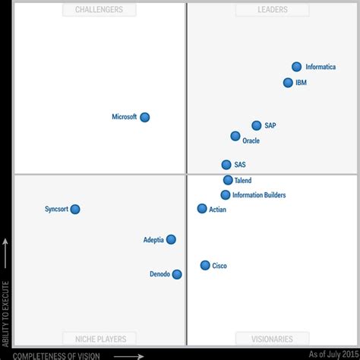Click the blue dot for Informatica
tap(297, 67)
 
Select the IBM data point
tap(288, 83)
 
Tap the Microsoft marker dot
tap(145, 117)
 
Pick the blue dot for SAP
tap(257, 125)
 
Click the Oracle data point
tap(235, 136)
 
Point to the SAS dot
tap(226, 164)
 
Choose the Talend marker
tap(228, 180)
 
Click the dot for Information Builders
tap(226, 195)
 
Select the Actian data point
tap(202, 208)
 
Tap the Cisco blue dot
tap(205, 265)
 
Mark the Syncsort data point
tap(75, 209)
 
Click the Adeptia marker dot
tap(171, 239)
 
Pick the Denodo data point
tap(177, 274)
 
